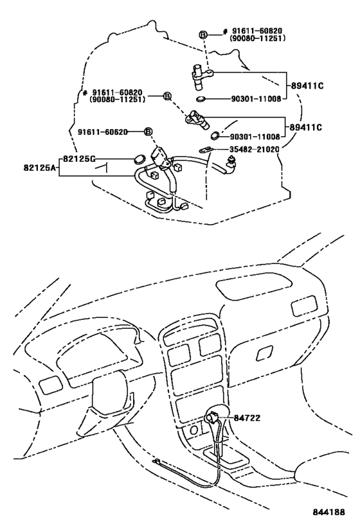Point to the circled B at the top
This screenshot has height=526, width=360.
pyautogui.click(x=202, y=34)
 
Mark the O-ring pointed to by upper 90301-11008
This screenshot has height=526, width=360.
pyautogui.click(x=201, y=100)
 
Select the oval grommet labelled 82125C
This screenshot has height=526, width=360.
pyautogui.click(x=138, y=159)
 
